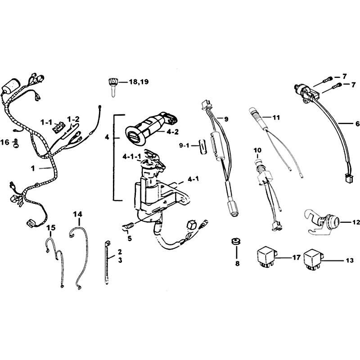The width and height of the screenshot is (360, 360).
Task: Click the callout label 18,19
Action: [139, 82]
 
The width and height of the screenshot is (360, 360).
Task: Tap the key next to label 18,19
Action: [112, 87]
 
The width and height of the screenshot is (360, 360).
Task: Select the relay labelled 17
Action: [267, 257]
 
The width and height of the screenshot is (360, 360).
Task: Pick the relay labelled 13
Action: [314, 258]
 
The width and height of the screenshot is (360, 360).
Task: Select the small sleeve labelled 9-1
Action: [203, 146]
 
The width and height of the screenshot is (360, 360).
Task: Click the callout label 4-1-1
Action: [132, 157]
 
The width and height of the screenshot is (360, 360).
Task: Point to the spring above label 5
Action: [127, 227]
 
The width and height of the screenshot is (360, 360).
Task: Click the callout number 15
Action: [51, 228]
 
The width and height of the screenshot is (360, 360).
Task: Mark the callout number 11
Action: [276, 118]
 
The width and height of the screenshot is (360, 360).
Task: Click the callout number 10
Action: [257, 150]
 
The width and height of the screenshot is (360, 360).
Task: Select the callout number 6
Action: [357, 124]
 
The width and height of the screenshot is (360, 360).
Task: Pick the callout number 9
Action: [226, 119]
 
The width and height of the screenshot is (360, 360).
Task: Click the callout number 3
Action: [120, 261]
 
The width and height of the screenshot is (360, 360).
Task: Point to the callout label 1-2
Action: [73, 119]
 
